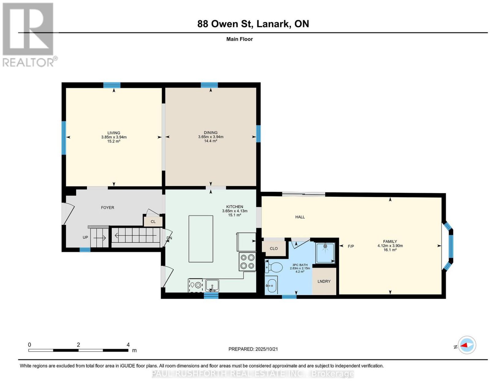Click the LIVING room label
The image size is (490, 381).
[x=114, y=133]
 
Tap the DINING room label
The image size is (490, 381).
[x=211, y=133]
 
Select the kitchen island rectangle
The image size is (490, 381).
[x=201, y=239]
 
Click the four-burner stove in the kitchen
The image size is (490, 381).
[x=247, y=262]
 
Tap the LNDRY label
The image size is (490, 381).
[x=324, y=281]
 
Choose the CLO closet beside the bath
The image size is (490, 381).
[x=274, y=248]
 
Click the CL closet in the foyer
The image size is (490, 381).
[x=153, y=222]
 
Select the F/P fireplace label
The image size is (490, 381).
[x=351, y=246]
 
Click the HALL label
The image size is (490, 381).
[x=300, y=217]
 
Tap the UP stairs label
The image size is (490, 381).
[x=85, y=237]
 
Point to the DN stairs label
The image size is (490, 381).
[x=169, y=238]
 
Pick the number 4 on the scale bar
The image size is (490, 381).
[x=128, y=345]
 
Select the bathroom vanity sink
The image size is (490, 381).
[x=271, y=285]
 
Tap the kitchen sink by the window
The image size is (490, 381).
[x=212, y=285]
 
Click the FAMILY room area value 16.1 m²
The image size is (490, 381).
[x=390, y=250]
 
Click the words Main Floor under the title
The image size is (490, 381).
[x=239, y=39]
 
